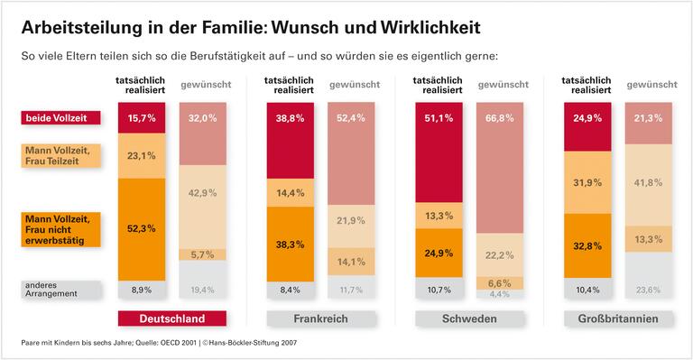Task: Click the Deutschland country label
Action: [171, 318]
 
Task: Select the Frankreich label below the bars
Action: [320, 318]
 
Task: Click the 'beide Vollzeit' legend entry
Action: [61, 117]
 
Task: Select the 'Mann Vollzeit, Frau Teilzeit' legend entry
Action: [61, 155]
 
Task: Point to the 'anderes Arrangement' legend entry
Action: [61, 289]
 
